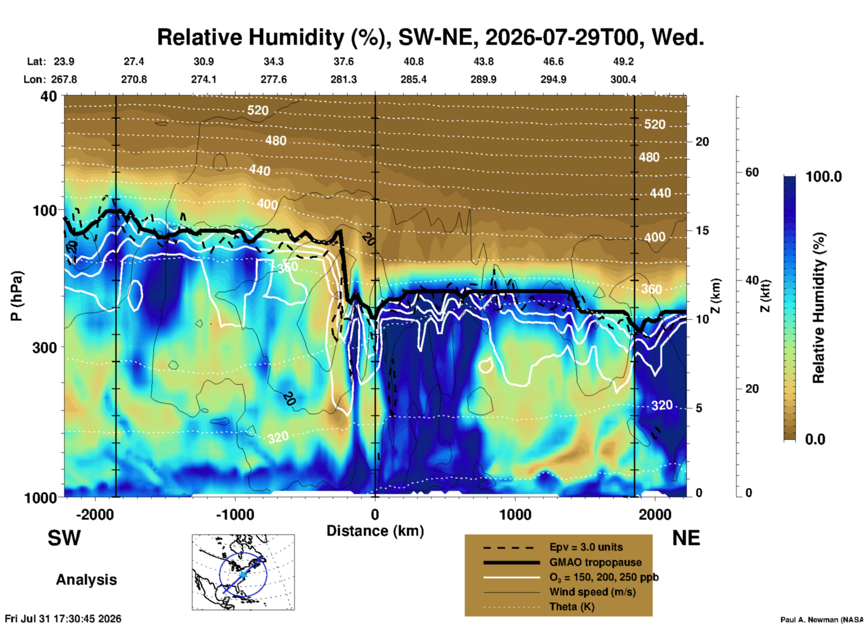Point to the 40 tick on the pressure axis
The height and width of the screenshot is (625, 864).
(50, 96)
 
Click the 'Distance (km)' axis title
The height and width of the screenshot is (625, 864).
(375, 531)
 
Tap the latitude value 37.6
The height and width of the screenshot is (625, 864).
(344, 61)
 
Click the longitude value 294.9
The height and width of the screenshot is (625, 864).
(553, 79)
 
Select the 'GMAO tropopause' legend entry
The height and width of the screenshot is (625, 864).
(595, 562)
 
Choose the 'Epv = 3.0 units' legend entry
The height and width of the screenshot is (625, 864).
(586, 547)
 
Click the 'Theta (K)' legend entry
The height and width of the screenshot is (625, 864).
(572, 607)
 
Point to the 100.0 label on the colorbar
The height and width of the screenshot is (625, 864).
(824, 177)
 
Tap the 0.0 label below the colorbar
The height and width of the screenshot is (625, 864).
(815, 439)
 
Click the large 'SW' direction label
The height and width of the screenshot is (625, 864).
(64, 538)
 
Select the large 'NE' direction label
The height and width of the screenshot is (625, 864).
(686, 538)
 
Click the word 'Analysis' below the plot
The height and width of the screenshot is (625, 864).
(86, 580)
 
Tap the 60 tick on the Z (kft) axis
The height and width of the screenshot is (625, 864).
(752, 172)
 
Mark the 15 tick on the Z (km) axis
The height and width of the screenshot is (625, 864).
(702, 230)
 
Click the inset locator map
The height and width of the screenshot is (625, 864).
(243, 572)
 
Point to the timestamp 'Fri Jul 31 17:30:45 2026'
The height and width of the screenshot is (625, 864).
(63, 619)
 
